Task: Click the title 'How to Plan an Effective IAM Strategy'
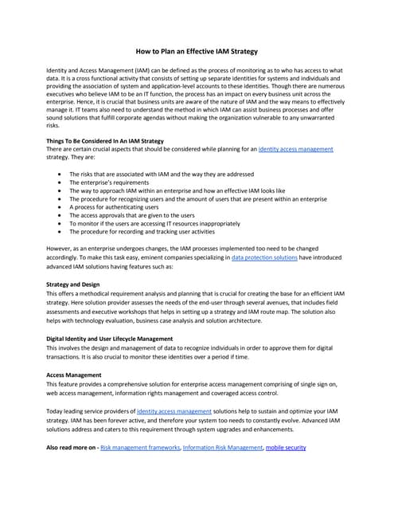(197, 49)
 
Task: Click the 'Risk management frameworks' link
(139, 448)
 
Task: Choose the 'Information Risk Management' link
(222, 448)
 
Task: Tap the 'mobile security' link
(286, 448)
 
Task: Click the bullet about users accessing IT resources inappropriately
(154, 224)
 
